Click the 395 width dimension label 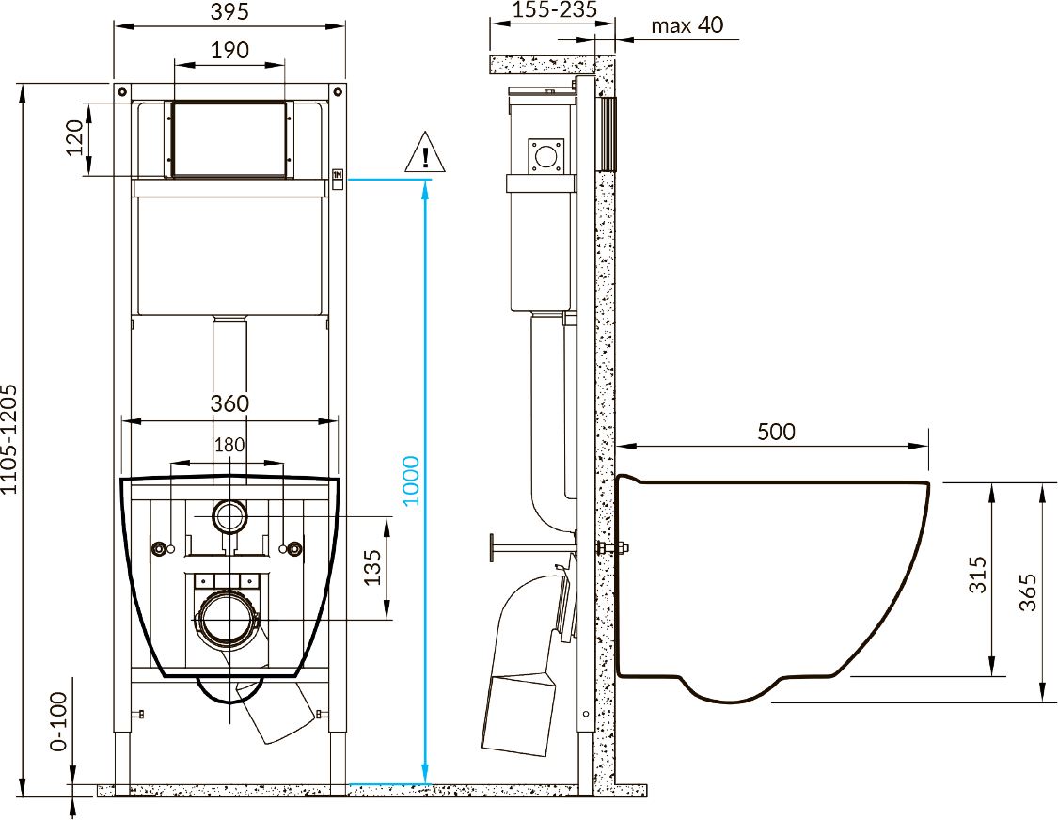(x=229, y=11)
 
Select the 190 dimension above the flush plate (x=229, y=50)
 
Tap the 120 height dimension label (x=74, y=137)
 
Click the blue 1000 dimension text (x=411, y=481)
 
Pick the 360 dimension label (x=229, y=403)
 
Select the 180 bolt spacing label (x=229, y=445)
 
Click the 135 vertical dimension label (x=372, y=568)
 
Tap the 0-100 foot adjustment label (x=59, y=721)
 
